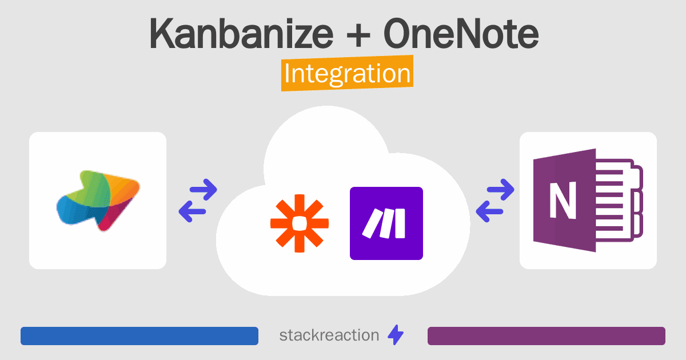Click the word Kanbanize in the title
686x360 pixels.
click(x=241, y=33)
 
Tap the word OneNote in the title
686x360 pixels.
click(x=461, y=33)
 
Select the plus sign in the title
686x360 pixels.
click(x=358, y=35)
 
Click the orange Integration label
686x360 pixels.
click(x=348, y=73)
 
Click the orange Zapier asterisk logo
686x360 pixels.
click(x=300, y=223)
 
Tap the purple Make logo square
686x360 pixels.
click(x=386, y=223)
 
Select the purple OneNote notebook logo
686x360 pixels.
click(x=588, y=201)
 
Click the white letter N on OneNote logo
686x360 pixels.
click(x=563, y=201)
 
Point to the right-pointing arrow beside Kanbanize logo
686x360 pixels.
click(x=204, y=190)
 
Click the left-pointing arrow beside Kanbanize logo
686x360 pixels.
click(x=192, y=211)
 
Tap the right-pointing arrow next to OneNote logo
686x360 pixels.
click(x=500, y=190)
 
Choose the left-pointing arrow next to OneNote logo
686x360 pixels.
click(x=489, y=211)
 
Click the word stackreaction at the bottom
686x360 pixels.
click(x=329, y=335)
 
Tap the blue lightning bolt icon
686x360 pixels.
click(x=396, y=335)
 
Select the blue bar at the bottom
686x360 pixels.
click(x=139, y=336)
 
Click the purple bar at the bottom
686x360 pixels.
click(x=547, y=336)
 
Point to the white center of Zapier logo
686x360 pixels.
click(x=300, y=223)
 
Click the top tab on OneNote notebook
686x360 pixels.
click(x=637, y=178)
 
